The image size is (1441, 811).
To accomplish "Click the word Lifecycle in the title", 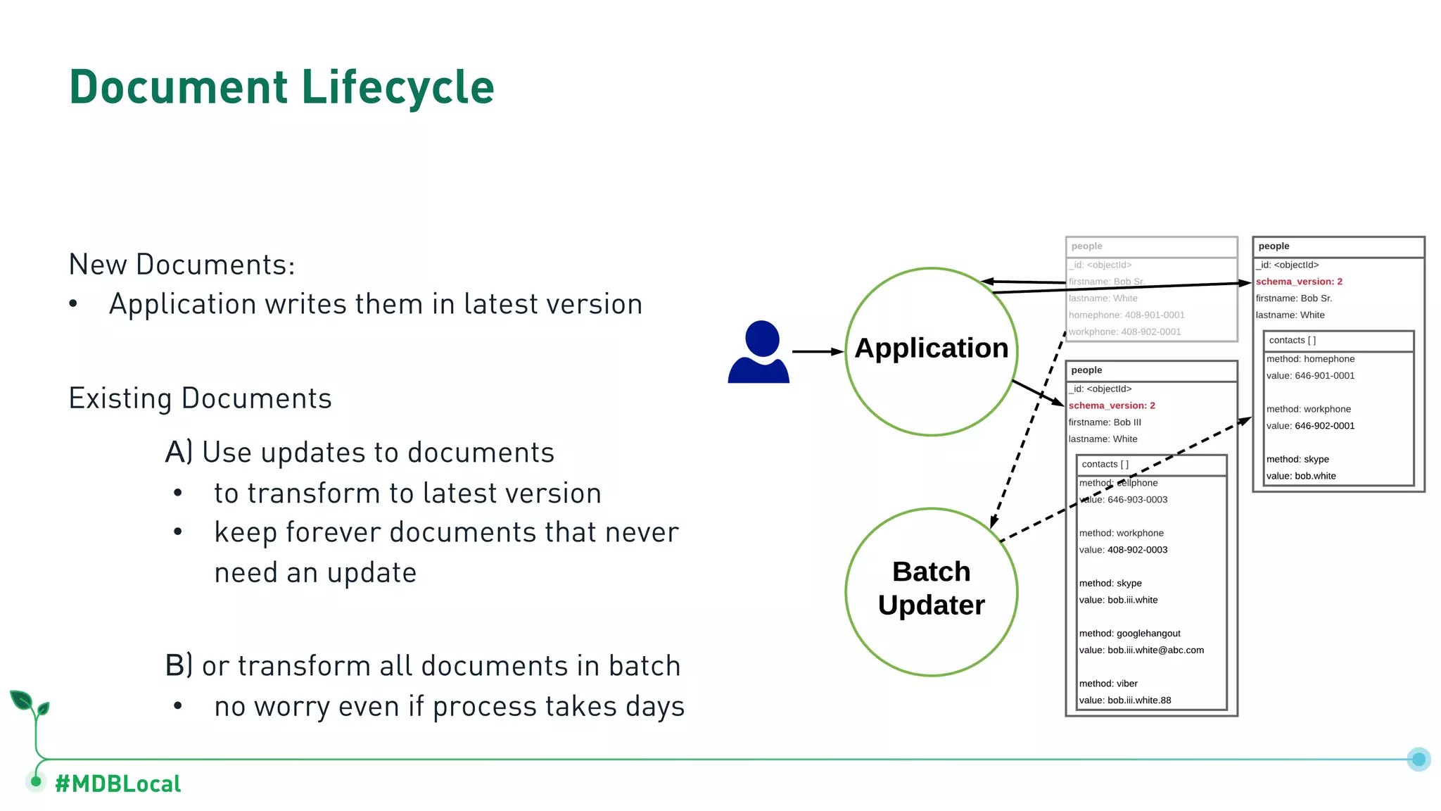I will click(x=398, y=88).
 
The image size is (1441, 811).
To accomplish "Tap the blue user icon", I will click(x=759, y=352).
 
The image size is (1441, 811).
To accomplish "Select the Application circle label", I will click(x=931, y=348).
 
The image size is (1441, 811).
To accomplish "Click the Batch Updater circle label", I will click(x=931, y=589).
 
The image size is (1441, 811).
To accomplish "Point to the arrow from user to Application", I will click(x=818, y=351).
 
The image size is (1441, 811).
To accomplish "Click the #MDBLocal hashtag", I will click(x=118, y=784).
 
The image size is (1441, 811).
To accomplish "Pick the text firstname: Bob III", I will click(x=1105, y=422).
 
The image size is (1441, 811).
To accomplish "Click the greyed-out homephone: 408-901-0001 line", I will click(x=1126, y=315).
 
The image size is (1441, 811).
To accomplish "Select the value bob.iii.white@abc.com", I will click(x=1141, y=650).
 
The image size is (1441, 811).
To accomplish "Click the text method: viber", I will click(x=1108, y=684).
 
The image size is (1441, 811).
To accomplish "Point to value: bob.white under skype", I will click(x=1301, y=476).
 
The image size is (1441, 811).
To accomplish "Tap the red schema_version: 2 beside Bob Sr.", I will click(x=1299, y=282).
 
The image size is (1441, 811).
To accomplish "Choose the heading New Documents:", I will click(x=182, y=265).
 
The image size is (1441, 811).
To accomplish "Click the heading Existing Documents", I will click(x=200, y=399).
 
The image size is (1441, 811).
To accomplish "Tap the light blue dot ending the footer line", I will click(x=1418, y=759).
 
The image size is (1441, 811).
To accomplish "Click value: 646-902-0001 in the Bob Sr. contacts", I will click(x=1310, y=426).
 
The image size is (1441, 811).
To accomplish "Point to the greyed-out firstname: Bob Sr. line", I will click(x=1107, y=282).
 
